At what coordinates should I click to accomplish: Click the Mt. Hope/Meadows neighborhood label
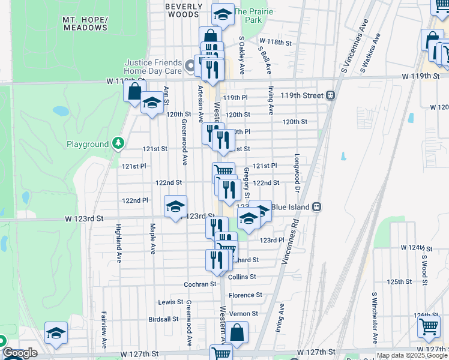[x=85, y=23]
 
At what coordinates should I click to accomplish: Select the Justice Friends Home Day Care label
[x=153, y=67]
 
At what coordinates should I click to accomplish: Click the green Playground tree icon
[x=119, y=144]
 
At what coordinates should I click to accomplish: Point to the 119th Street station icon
[x=330, y=95]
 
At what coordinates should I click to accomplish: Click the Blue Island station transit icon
[x=318, y=207]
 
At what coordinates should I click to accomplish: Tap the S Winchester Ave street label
[x=373, y=311]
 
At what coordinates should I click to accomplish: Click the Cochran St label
[x=200, y=284]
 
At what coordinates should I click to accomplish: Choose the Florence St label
[x=246, y=295]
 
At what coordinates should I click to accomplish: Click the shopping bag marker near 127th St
[x=237, y=332]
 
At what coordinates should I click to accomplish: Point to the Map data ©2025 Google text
[x=412, y=356]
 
